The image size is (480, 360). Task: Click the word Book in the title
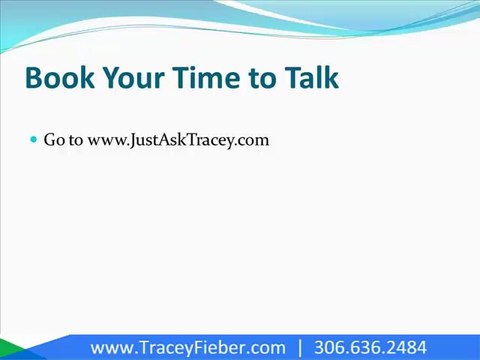[55, 78]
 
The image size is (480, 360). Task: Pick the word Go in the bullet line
[54, 140]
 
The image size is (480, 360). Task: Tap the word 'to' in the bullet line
[76, 140]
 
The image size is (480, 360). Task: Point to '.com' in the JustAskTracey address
[254, 140]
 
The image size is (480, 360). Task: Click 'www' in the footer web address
[110, 348]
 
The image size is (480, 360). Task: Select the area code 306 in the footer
[330, 348]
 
